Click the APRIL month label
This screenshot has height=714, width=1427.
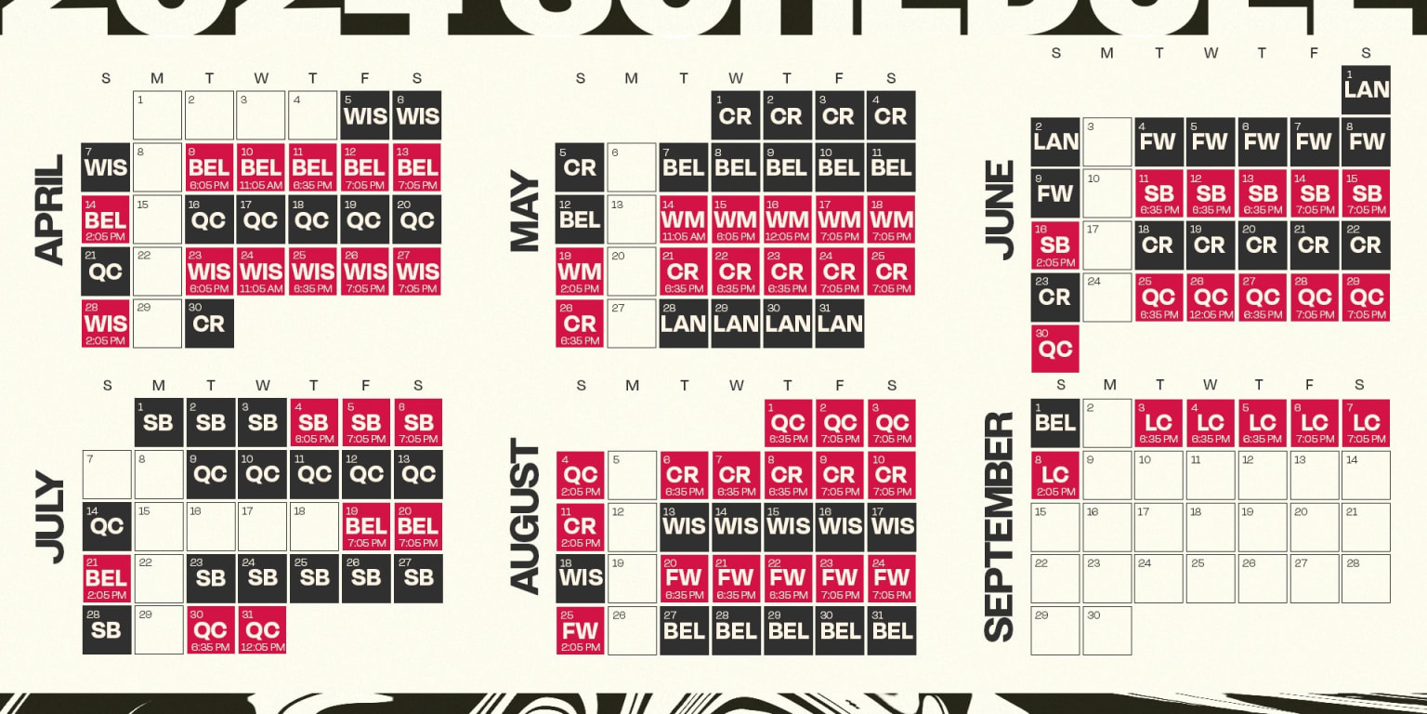click(x=47, y=210)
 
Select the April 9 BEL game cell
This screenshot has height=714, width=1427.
click(x=209, y=167)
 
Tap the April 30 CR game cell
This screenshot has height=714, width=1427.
click(x=209, y=323)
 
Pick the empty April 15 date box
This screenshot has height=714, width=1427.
click(x=157, y=219)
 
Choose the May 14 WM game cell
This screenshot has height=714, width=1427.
click(x=683, y=219)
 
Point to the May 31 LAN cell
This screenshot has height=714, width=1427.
click(x=839, y=323)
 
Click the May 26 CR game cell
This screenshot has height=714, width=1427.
click(x=580, y=323)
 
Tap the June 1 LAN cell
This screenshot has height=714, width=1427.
click(x=1366, y=89)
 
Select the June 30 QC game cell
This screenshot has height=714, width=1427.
click(x=1055, y=349)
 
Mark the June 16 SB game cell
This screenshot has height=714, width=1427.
click(x=1055, y=245)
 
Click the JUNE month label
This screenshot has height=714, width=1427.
click(x=1001, y=210)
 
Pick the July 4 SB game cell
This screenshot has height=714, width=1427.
click(x=314, y=423)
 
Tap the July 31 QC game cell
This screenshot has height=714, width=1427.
click(x=262, y=630)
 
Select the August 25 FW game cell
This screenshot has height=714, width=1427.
click(x=580, y=630)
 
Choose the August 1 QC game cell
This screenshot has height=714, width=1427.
click(x=788, y=423)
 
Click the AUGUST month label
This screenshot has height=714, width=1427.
click(x=526, y=517)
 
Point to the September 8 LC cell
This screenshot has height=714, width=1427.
click(x=1055, y=475)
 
